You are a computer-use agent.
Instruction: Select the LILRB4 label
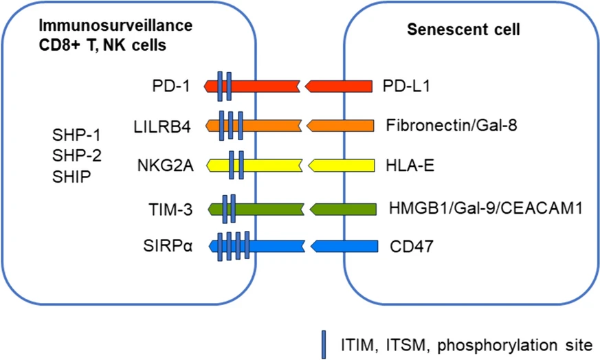tap(162, 126)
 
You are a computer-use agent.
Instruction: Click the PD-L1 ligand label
tap(410, 87)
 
